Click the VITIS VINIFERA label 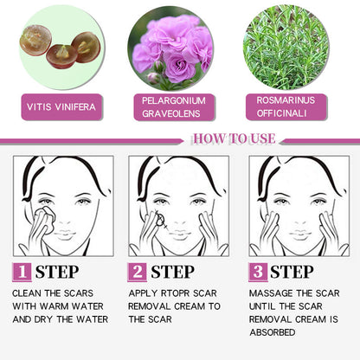coord(61,107)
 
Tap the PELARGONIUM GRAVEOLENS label coord(174,107)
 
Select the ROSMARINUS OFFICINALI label coord(286,107)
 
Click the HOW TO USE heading coord(234,138)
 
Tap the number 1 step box coord(22,272)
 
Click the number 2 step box coord(138,272)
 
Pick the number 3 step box coord(258,272)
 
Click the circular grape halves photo coord(61,48)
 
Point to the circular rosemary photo coord(286,48)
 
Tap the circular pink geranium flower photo coord(170,48)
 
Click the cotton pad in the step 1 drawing coord(45,220)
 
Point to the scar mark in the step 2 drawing coord(160,220)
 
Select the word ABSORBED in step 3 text coord(273,332)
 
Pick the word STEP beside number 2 coord(172,272)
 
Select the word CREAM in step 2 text coord(190,306)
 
